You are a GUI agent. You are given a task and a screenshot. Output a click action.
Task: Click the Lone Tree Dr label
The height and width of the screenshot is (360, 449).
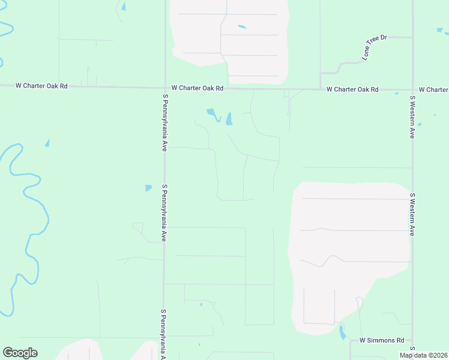click(375, 47)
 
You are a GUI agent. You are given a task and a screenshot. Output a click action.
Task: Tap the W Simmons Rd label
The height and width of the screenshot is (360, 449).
click(382, 340)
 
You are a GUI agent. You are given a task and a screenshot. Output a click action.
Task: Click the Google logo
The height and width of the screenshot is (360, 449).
click(20, 353)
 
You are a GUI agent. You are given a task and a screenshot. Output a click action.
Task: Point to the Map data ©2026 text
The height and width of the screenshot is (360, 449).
click(423, 355)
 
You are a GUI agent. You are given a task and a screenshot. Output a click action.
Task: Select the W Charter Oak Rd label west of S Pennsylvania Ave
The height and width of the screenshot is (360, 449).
click(43, 86)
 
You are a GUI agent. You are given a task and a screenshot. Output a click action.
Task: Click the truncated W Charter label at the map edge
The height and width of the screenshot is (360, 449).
click(433, 89)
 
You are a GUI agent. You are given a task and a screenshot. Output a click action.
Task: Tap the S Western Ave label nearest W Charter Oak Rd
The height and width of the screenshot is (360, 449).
click(412, 116)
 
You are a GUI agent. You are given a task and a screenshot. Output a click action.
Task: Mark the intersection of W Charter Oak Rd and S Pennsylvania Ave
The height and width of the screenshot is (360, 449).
click(165, 88)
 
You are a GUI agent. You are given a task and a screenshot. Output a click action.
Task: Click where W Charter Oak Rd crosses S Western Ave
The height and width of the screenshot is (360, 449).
click(412, 90)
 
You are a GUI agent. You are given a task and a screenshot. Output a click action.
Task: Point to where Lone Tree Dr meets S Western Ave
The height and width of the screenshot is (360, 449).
click(412, 37)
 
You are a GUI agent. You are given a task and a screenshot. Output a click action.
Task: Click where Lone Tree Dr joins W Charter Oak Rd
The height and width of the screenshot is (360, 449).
click(321, 89)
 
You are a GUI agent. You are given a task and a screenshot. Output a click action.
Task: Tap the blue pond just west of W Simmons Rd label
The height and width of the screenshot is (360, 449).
click(342, 332)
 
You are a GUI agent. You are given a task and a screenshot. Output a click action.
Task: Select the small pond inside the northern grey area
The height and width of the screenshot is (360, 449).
click(242, 26)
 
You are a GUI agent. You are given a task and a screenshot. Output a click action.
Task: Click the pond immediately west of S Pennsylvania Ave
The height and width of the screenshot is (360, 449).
click(148, 188)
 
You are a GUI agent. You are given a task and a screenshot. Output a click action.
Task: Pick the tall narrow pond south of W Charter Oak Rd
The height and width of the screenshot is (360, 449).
click(229, 119)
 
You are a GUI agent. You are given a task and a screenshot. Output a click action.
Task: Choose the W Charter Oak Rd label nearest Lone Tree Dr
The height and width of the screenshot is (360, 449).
click(352, 89)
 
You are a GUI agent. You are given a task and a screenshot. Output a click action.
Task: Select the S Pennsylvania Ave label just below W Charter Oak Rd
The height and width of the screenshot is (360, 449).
click(164, 122)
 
